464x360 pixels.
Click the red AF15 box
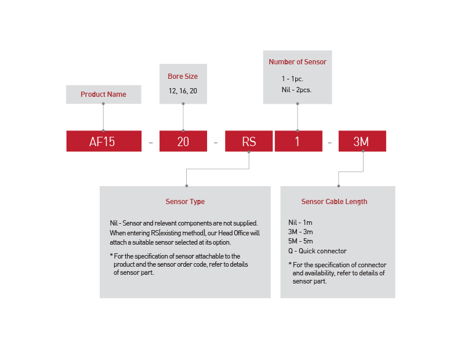click(103, 141)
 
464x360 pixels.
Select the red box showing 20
click(183, 141)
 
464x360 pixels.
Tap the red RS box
click(249, 141)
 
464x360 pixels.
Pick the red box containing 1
click(298, 141)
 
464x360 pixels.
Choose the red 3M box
click(361, 141)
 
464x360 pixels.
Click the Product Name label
click(103, 94)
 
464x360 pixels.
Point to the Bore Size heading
click(183, 77)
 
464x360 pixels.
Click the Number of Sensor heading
click(298, 62)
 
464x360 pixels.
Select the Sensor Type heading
click(185, 202)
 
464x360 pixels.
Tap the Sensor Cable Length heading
click(334, 202)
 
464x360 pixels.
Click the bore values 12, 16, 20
click(183, 91)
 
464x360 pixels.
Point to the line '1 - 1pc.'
click(292, 78)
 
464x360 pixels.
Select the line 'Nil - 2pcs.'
click(296, 90)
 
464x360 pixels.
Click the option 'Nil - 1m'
click(300, 223)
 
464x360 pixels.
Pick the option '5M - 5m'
click(300, 241)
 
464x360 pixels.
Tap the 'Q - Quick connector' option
click(317, 251)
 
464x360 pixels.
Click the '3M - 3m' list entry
click(300, 232)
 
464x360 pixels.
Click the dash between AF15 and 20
click(150, 141)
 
